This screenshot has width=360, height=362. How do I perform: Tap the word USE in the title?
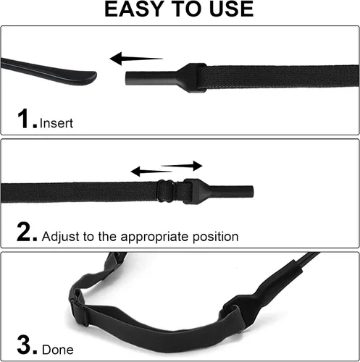point(231,9)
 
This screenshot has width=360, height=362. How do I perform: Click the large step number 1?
point(24,118)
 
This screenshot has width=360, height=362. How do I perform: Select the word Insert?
point(56,123)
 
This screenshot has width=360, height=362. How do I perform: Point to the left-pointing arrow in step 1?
point(136,59)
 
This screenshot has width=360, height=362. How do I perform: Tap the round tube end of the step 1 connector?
point(128,77)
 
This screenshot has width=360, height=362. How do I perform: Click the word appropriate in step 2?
point(155,237)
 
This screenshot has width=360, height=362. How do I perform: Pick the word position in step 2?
point(215,237)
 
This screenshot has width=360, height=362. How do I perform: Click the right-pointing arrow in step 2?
point(182,166)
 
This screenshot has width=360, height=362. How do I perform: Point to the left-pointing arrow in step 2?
point(151,172)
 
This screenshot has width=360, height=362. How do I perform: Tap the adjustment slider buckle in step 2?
point(166,190)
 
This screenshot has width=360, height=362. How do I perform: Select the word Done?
point(58,350)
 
